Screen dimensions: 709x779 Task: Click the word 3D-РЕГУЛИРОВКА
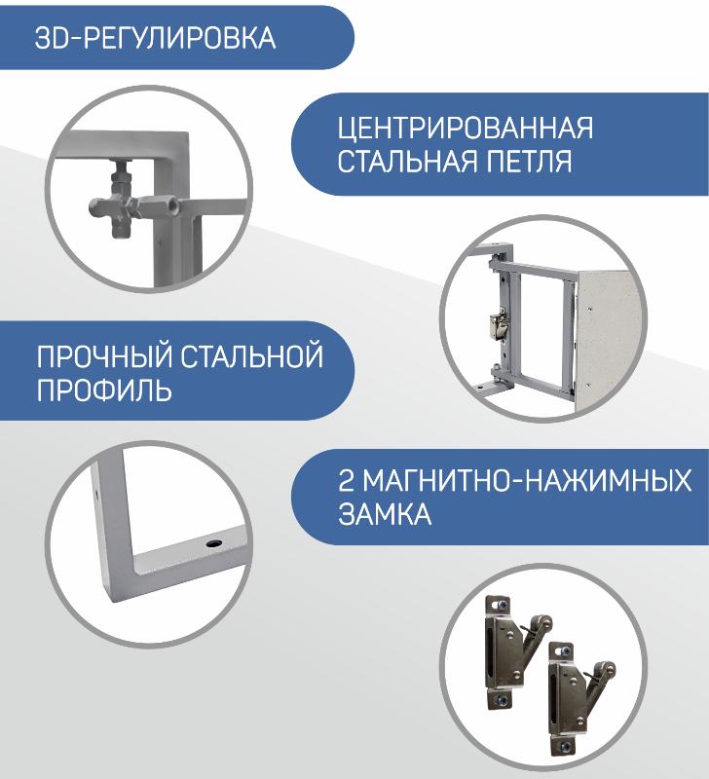point(155,38)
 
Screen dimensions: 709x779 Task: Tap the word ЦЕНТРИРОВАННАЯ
point(466,129)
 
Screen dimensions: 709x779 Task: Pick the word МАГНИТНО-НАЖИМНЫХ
point(527,480)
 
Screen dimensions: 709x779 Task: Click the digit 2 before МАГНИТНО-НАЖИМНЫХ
point(346,480)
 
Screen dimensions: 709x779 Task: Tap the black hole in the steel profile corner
point(214,542)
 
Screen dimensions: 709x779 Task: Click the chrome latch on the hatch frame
point(499,325)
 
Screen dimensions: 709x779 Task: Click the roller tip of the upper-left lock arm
point(544,620)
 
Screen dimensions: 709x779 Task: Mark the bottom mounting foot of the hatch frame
point(486,385)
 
